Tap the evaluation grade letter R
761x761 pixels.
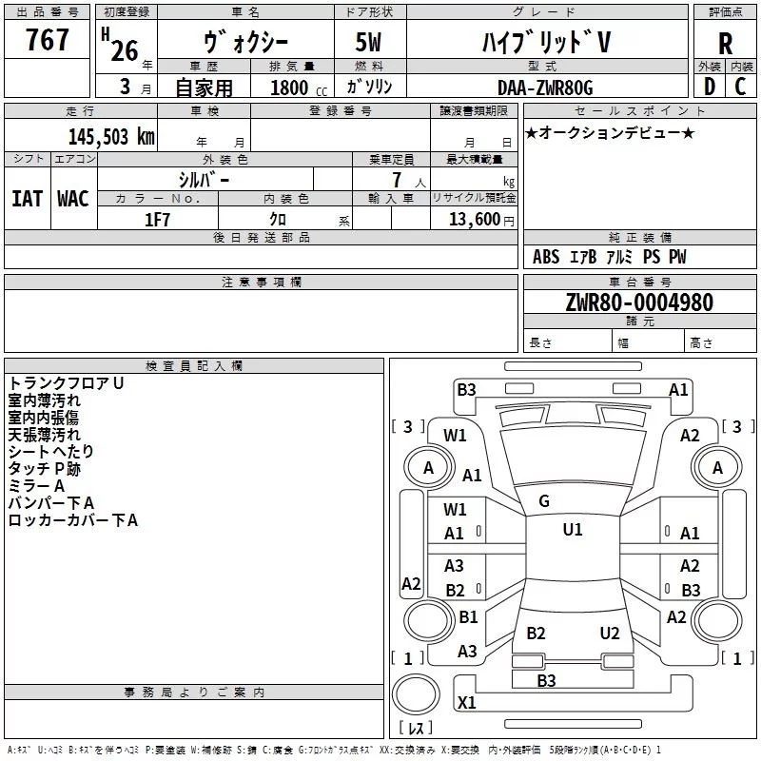pos(725,44)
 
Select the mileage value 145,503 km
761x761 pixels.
pos(111,136)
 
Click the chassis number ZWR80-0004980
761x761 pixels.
pos(639,303)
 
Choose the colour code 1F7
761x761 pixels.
pos(157,219)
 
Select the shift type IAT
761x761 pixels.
pos(27,198)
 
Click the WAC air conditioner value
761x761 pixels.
pos(72,198)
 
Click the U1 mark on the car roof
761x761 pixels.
pos(572,530)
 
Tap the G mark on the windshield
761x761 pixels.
pos(543,500)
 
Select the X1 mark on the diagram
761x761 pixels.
pos(467,703)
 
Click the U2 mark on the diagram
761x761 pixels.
pos(610,634)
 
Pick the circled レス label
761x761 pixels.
pos(416,729)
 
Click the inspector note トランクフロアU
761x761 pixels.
pos(67,383)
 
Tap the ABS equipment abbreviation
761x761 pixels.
pos(546,257)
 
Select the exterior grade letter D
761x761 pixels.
pos(708,87)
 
